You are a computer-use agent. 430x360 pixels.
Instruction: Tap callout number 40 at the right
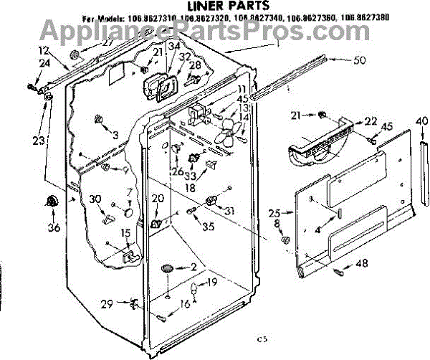click(x=421, y=120)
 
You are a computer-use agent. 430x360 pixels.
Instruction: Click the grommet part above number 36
click(x=52, y=203)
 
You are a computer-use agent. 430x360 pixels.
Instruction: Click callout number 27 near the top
click(x=107, y=43)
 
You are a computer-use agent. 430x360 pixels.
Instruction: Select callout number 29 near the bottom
click(x=106, y=304)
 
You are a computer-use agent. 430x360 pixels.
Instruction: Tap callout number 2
click(x=192, y=267)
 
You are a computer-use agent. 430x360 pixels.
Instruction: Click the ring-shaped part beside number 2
click(x=169, y=268)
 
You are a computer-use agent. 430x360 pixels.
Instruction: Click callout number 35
click(x=208, y=229)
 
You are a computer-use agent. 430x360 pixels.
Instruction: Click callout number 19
click(x=212, y=282)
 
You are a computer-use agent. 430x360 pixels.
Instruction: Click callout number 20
click(x=158, y=199)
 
